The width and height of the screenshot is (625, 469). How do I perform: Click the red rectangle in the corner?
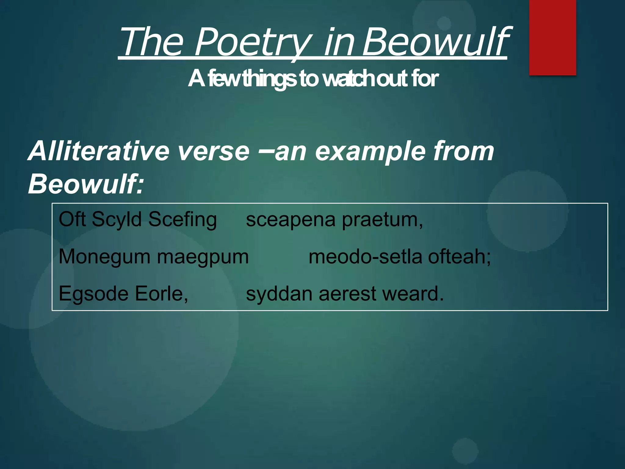pyautogui.click(x=552, y=37)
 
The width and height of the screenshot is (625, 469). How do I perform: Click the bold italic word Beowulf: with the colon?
pyautogui.click(x=86, y=184)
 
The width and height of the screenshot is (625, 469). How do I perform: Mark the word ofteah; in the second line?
pyautogui.click(x=459, y=256)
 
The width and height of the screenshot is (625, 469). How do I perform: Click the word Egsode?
pyautogui.click(x=93, y=294)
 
